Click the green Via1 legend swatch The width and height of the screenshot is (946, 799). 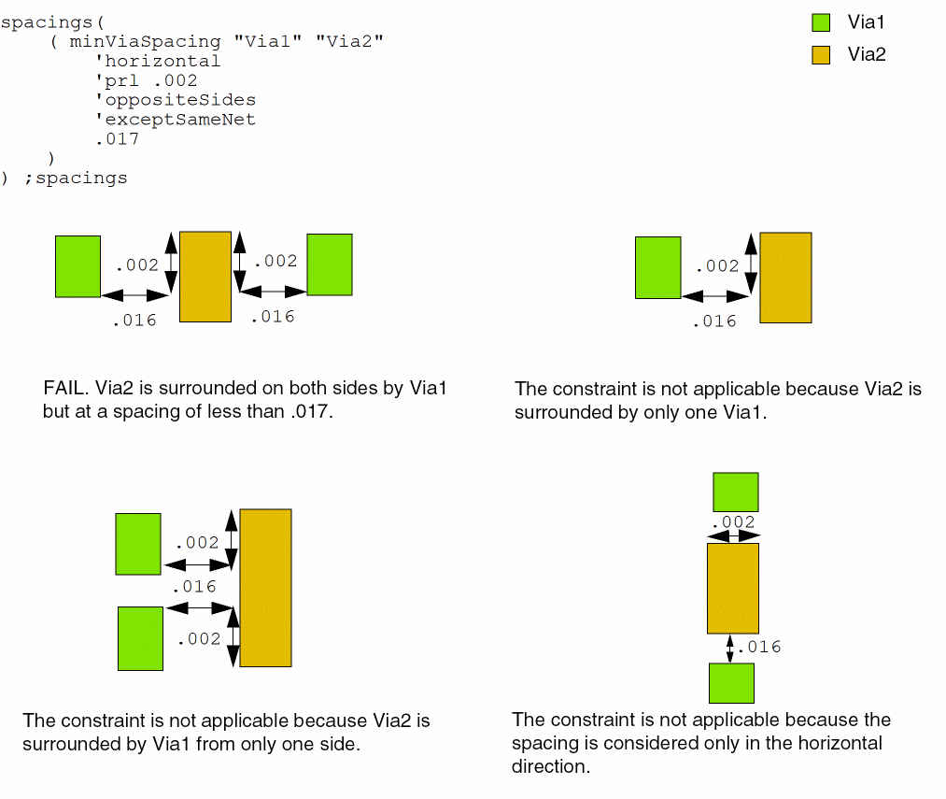(x=821, y=22)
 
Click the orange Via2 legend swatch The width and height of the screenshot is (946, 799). (x=821, y=54)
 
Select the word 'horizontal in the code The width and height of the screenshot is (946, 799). (x=158, y=61)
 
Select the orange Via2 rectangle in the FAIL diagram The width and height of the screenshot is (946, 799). (x=205, y=277)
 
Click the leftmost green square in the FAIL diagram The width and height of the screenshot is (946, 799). (x=78, y=266)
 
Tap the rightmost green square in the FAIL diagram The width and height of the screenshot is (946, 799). (x=330, y=264)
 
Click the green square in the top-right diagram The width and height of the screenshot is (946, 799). (x=657, y=267)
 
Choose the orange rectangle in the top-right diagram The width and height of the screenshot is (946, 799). (x=785, y=278)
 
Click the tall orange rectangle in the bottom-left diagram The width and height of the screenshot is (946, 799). (x=265, y=588)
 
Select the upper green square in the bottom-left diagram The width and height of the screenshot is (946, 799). (x=138, y=544)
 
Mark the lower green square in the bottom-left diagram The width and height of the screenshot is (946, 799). (x=140, y=638)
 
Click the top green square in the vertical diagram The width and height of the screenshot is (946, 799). (x=736, y=492)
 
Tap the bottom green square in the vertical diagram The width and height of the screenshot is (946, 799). (x=731, y=683)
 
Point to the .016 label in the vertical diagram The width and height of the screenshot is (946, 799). (x=759, y=647)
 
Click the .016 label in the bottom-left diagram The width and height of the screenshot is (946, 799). (x=193, y=587)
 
